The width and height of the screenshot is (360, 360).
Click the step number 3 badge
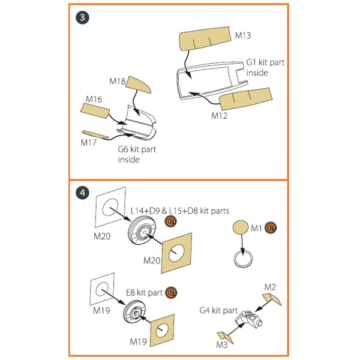(x=82, y=17)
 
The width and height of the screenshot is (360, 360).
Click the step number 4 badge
(x=82, y=193)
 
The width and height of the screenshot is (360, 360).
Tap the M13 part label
(x=243, y=35)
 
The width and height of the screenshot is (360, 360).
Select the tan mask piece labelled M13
(x=205, y=38)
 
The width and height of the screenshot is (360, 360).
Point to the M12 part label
(x=219, y=116)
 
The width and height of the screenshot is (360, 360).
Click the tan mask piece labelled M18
(x=139, y=85)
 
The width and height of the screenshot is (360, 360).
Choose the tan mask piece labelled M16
(x=95, y=110)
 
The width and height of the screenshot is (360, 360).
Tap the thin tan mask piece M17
(x=95, y=134)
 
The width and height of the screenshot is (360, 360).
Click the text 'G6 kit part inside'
(x=137, y=154)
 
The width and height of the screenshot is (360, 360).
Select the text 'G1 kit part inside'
(x=265, y=67)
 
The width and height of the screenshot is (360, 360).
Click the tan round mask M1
(x=241, y=227)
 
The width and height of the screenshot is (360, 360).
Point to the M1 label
(x=256, y=228)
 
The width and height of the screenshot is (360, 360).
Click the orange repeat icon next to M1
(x=271, y=227)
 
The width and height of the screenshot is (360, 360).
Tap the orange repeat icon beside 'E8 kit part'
(x=171, y=293)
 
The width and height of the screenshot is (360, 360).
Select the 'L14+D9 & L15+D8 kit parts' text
(x=180, y=211)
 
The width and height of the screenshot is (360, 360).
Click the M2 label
(x=270, y=287)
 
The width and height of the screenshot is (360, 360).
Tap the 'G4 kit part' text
(x=218, y=310)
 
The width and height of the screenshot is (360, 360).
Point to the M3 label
(x=222, y=344)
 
